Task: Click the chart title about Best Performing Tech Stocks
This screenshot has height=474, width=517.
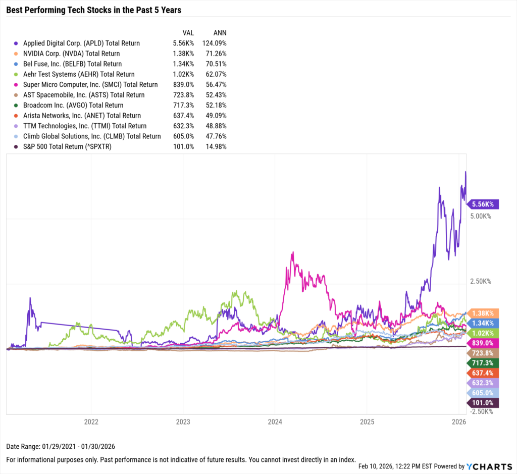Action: pyautogui.click(x=93, y=10)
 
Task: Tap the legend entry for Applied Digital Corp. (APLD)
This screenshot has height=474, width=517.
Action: pyautogui.click(x=81, y=43)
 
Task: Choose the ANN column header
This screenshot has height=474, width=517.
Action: pyautogui.click(x=219, y=32)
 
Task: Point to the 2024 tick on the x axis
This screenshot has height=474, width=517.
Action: pyautogui.click(x=275, y=422)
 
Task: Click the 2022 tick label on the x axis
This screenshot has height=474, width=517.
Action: pyautogui.click(x=91, y=422)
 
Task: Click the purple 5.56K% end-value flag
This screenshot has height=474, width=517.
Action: pyautogui.click(x=484, y=204)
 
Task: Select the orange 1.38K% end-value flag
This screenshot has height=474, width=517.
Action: pyautogui.click(x=484, y=312)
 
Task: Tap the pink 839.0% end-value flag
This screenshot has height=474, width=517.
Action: pyautogui.click(x=484, y=342)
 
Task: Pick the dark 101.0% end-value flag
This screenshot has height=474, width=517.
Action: pyautogui.click(x=484, y=402)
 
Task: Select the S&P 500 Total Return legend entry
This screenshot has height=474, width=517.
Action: pyautogui.click(x=74, y=146)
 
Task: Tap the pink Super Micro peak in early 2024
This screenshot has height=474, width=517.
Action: pyautogui.click(x=292, y=253)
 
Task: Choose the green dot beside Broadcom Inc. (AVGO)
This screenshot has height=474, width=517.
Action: pyautogui.click(x=17, y=106)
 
